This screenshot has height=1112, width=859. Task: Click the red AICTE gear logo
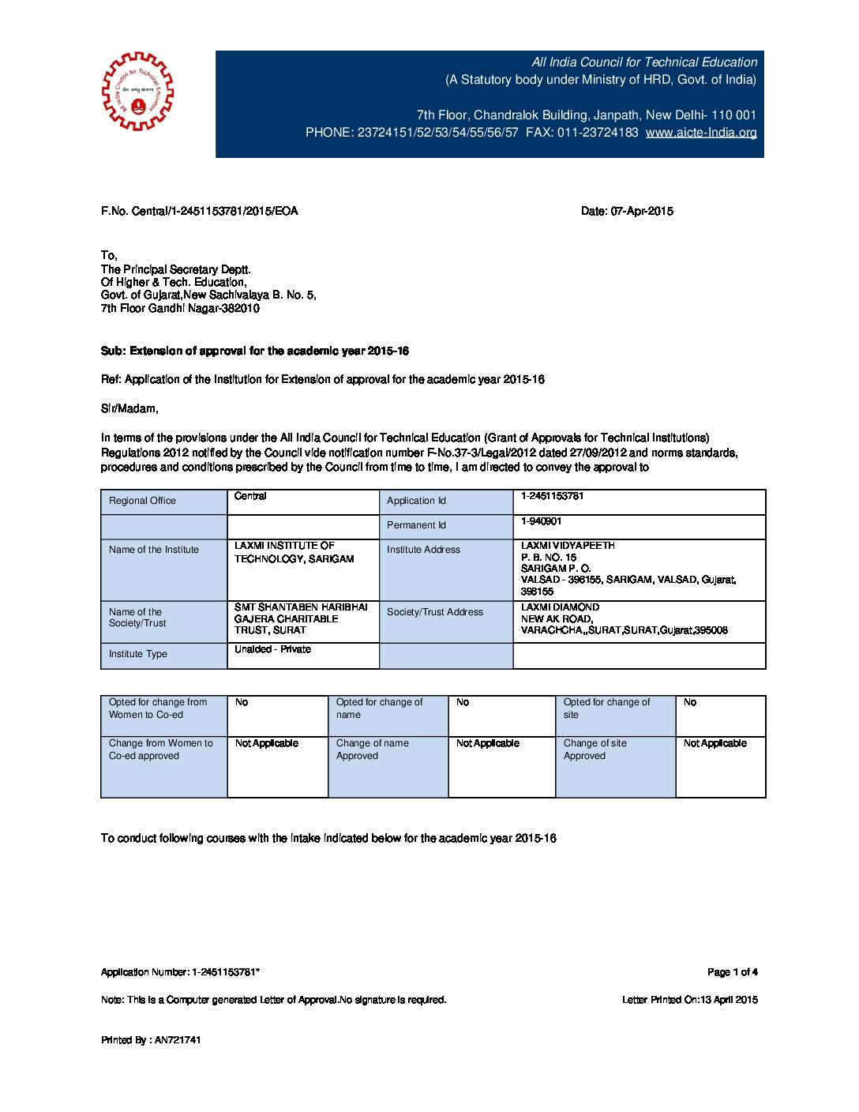click(137, 92)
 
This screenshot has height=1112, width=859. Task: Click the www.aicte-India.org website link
click(701, 133)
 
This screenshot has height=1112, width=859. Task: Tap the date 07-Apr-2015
click(627, 211)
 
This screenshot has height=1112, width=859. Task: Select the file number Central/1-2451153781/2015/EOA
click(199, 211)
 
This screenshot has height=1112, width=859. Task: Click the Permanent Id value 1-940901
click(541, 521)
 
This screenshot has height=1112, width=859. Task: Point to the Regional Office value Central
click(250, 496)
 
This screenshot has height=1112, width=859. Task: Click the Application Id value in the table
click(552, 496)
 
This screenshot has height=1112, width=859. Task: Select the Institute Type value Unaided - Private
click(272, 649)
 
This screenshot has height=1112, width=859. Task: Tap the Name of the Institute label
click(154, 550)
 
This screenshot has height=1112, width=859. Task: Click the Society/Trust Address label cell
click(435, 612)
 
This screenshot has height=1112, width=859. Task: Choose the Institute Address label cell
click(423, 550)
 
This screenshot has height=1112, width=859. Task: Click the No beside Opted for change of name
click(463, 702)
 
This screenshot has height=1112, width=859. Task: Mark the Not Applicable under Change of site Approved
click(715, 743)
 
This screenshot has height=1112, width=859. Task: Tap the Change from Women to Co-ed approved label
click(161, 749)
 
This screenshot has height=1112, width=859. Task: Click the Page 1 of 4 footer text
click(732, 972)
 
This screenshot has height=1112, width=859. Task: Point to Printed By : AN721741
click(151, 1040)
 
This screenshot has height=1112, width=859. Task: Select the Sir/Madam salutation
click(129, 408)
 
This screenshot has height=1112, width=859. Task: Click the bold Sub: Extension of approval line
click(254, 351)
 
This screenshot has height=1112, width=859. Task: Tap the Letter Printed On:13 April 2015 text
click(689, 1000)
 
